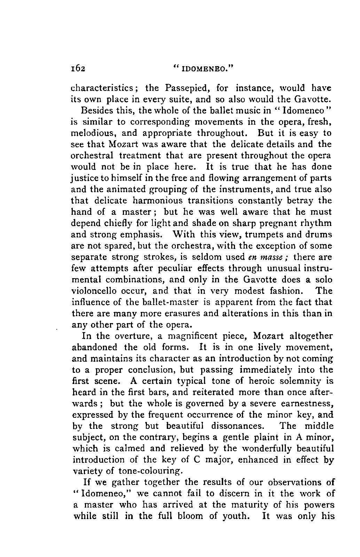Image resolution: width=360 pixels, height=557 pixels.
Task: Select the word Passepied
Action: click(x=187, y=87)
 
